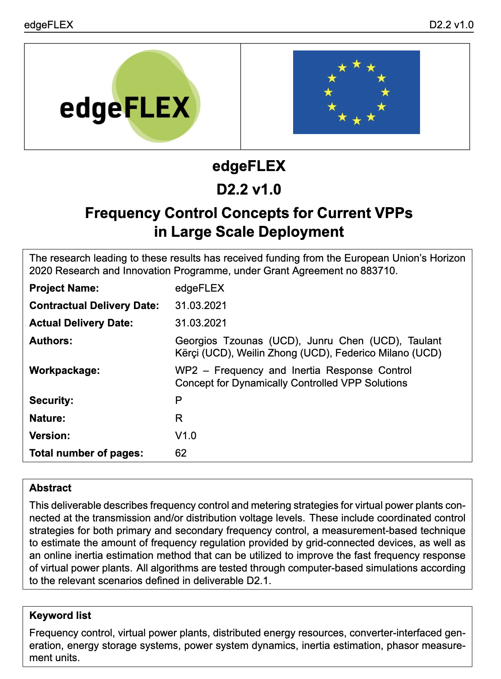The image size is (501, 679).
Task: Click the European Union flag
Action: (356, 92)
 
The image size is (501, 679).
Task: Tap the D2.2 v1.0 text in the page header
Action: (451, 25)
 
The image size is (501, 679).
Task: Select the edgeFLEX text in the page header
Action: (49, 25)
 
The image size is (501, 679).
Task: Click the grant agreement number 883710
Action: (378, 271)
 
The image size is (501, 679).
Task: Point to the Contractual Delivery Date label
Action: (94, 306)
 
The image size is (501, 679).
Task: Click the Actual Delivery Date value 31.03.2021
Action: (200, 323)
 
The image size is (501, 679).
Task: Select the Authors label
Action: (51, 341)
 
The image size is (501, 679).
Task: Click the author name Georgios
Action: (196, 341)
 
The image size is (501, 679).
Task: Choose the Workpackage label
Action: (64, 370)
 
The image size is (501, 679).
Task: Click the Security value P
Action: (179, 400)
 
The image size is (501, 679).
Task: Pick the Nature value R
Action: (179, 418)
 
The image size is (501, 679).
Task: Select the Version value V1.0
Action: (186, 436)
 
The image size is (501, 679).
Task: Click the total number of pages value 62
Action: (181, 453)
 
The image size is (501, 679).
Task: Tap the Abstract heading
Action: (50, 488)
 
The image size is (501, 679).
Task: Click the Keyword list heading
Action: (60, 615)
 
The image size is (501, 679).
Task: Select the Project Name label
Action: (64, 288)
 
